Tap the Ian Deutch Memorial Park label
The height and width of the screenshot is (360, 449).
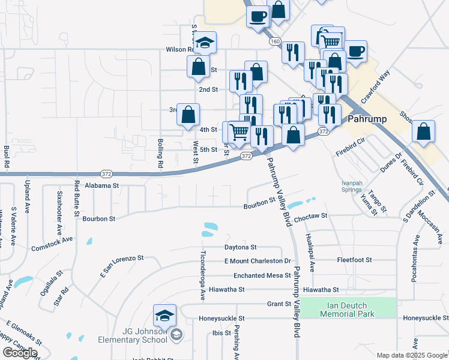348,309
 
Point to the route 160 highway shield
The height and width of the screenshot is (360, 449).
275,41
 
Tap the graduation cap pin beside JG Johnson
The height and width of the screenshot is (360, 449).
164,315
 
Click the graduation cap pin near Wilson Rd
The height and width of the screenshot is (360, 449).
205,42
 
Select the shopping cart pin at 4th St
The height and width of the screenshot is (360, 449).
240,131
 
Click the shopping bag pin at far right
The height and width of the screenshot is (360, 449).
424,131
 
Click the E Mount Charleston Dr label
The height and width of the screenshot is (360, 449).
258,261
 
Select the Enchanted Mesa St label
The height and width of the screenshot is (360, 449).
254,275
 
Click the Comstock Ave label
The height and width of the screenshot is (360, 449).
52,243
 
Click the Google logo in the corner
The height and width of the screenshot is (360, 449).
20,352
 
